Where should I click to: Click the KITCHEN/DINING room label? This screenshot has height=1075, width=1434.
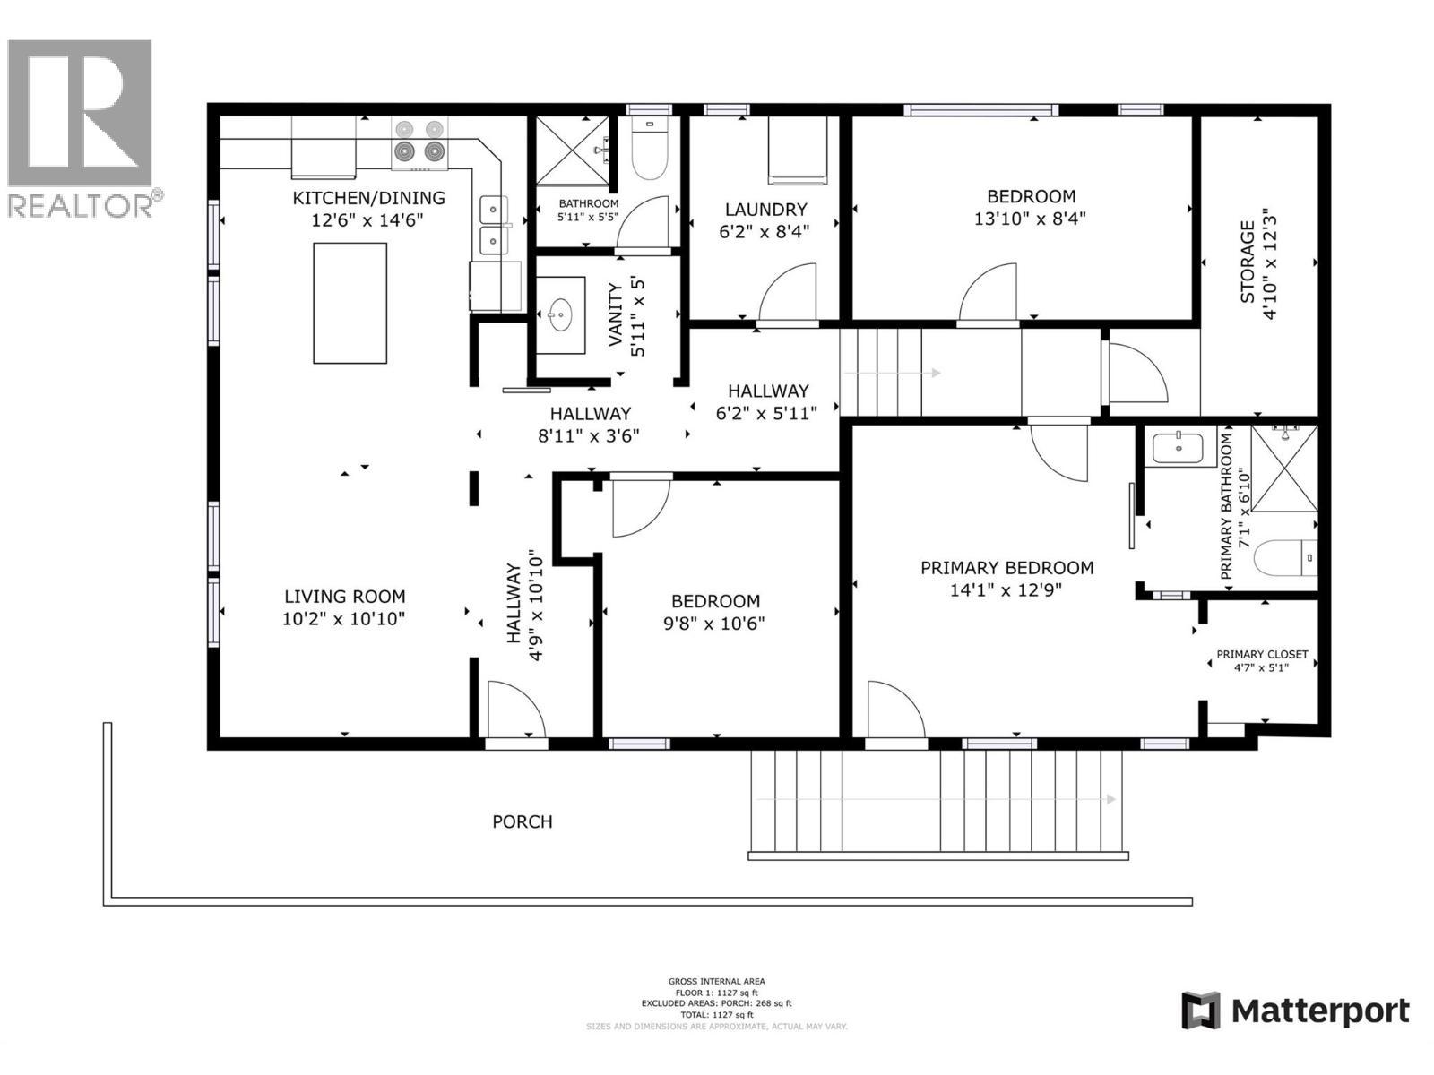(x=368, y=198)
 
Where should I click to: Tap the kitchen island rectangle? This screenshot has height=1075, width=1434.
(x=350, y=302)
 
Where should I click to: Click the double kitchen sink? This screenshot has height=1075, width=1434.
(x=493, y=226)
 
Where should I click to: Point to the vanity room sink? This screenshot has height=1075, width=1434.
(x=561, y=314)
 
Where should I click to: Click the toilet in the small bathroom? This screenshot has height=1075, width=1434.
(x=650, y=157)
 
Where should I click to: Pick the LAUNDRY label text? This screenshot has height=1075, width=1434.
(x=765, y=210)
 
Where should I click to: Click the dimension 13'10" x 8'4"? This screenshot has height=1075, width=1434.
(x=1030, y=219)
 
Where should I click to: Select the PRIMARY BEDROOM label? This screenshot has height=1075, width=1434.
(x=1006, y=568)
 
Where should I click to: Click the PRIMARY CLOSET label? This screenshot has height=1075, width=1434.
(x=1261, y=655)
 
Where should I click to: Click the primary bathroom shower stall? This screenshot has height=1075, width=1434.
(x=1284, y=467)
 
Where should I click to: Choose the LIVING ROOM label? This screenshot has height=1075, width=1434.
(x=344, y=597)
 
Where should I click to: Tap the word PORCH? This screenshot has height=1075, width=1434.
(x=522, y=821)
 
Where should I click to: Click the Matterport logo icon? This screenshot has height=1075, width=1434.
(x=1200, y=1010)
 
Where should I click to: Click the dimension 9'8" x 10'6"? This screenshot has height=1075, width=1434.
(x=714, y=623)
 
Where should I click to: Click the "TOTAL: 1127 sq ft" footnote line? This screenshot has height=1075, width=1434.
(x=716, y=1015)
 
